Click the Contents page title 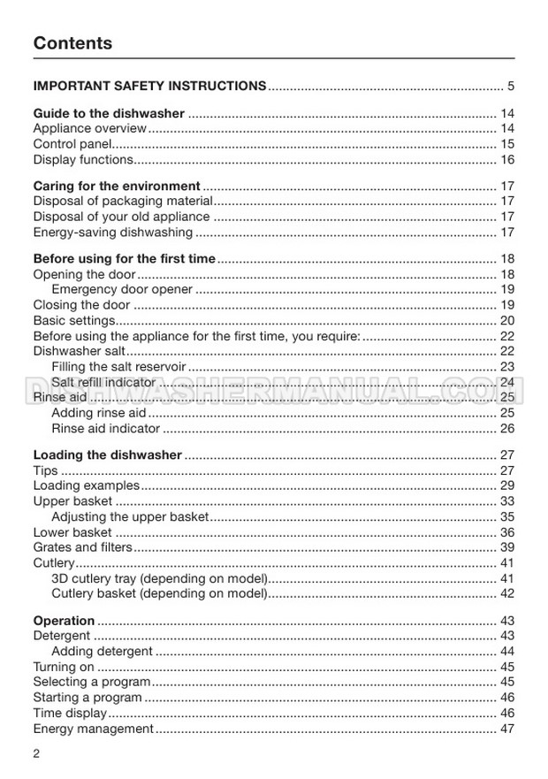click(72, 43)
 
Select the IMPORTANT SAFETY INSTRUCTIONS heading click(149, 87)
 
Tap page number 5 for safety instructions click(510, 87)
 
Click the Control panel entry click(72, 144)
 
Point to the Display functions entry click(83, 160)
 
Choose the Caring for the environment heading click(117, 187)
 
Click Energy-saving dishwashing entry click(112, 233)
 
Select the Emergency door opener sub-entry click(122, 290)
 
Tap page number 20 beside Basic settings click(507, 321)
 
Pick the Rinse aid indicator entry click(106, 429)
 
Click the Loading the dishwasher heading click(107, 455)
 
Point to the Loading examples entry click(86, 485)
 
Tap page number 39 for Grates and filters click(507, 548)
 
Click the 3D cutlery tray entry click(159, 578)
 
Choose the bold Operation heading click(64, 621)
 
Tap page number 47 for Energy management click(507, 729)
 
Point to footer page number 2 click(37, 753)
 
